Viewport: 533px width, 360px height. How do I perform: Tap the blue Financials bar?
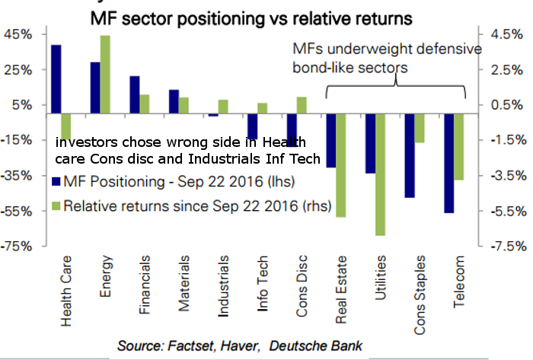pyautogui.click(x=134, y=95)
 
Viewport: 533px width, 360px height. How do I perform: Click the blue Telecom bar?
pyautogui.click(x=448, y=163)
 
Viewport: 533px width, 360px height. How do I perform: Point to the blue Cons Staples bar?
pyautogui.click(x=410, y=155)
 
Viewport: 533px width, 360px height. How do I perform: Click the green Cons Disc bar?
pyautogui.click(x=302, y=106)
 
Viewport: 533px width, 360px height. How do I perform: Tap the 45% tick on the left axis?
pyautogui.click(x=18, y=35)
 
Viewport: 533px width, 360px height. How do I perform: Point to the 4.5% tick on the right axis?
pyautogui.click(x=506, y=35)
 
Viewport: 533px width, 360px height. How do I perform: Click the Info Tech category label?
pyautogui.click(x=262, y=288)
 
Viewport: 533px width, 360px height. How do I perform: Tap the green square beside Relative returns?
pyautogui.click(x=56, y=205)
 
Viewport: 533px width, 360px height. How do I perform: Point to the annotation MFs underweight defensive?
pyautogui.click(x=387, y=50)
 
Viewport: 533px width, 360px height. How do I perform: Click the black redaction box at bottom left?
pyautogui.click(x=49, y=347)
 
